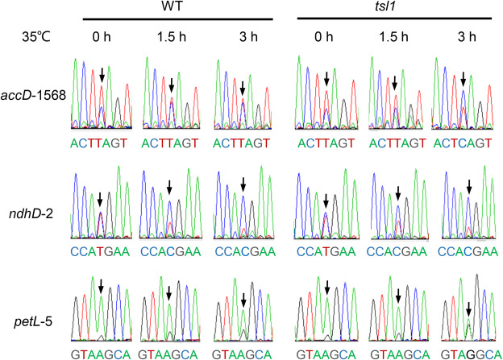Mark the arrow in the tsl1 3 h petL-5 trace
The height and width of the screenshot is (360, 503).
(x=468, y=309)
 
